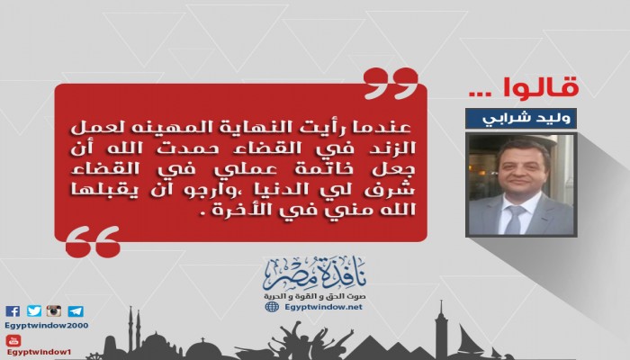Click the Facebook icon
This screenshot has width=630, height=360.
(x=12, y=311)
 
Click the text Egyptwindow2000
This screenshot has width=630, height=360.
(x=44, y=326)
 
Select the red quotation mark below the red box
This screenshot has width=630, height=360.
(x=93, y=239)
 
